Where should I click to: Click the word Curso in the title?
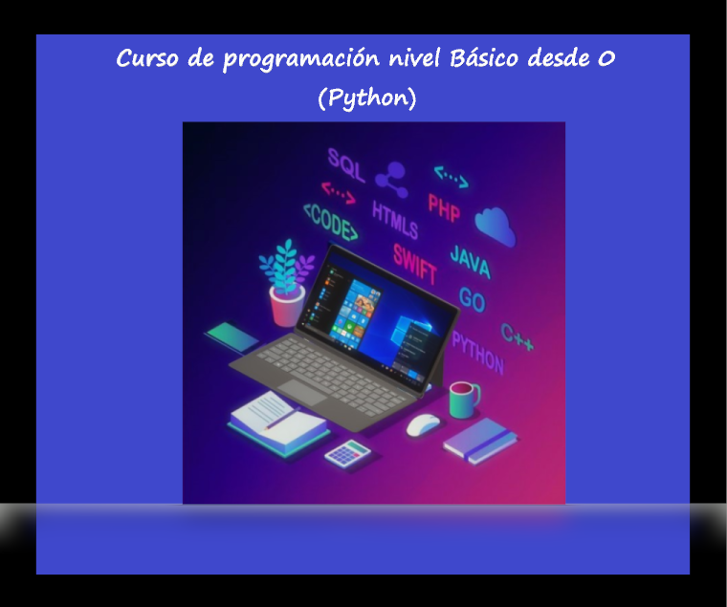point(144,59)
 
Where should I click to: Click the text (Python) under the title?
point(367,98)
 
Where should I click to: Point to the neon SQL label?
point(346,165)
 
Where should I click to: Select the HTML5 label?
point(395,220)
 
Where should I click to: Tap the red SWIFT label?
point(415,263)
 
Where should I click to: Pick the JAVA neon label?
point(471,261)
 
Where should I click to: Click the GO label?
point(472,300)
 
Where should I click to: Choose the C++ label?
point(518,337)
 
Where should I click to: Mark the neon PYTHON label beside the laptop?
point(477,352)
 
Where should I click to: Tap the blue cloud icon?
point(495,226)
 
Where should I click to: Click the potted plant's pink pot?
point(287,307)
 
